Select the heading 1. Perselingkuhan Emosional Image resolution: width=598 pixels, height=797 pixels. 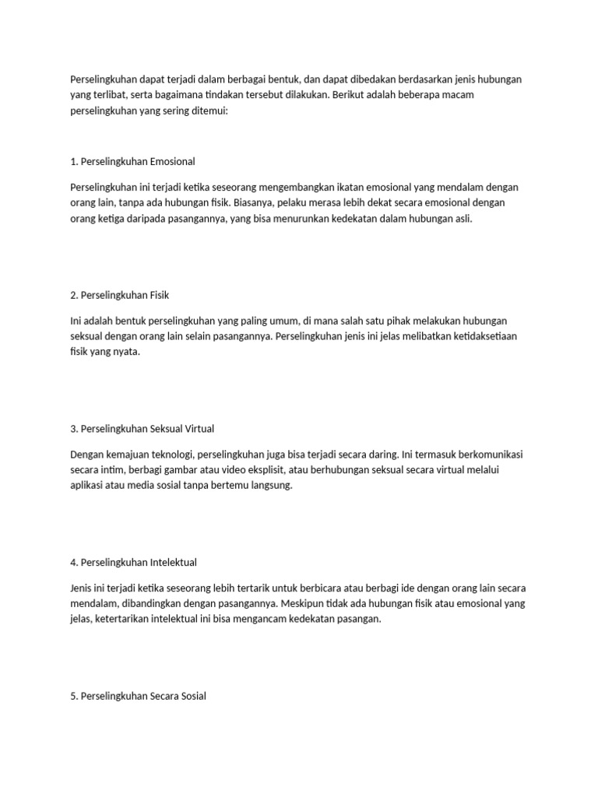[x=132, y=162]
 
